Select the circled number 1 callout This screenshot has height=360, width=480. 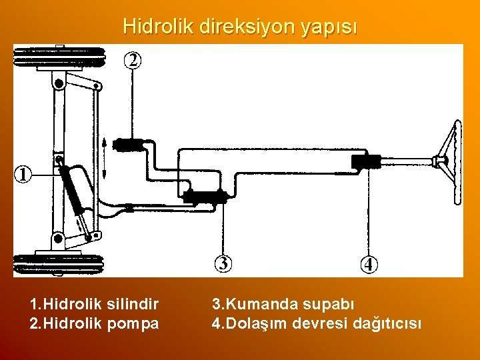(x=23, y=175)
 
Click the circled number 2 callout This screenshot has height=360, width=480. (x=133, y=60)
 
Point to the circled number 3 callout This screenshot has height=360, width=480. (x=224, y=264)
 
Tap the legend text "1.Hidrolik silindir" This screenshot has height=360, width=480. (x=95, y=305)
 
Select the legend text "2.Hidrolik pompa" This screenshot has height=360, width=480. (x=95, y=324)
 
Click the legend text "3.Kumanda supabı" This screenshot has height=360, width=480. (x=283, y=305)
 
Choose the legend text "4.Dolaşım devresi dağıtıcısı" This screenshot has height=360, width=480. (x=317, y=324)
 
